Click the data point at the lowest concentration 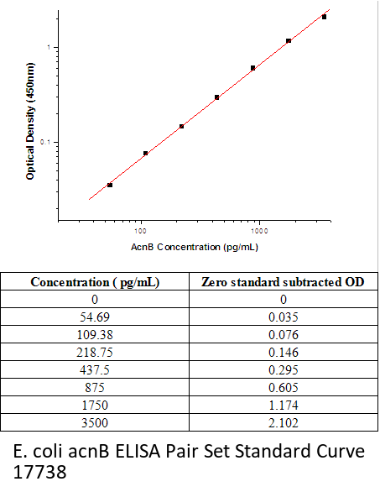tap(110, 185)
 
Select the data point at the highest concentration tap(324, 17)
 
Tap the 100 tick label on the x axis tap(140, 231)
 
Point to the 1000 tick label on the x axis tap(259, 231)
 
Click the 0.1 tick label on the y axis tap(45, 142)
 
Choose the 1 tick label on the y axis tap(49, 47)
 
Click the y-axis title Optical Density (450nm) tap(30, 121)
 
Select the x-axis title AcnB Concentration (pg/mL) tap(195, 247)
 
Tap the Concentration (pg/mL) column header tap(95, 282)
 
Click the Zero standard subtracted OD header tap(283, 282)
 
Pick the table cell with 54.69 tap(95, 317)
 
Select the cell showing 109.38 tap(95, 335)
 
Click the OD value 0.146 tap(284, 353)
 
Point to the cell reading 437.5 tap(95, 370)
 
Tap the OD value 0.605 tap(284, 388)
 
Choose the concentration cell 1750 tap(95, 405)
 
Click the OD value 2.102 tap(284, 422)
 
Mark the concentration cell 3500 tap(95, 422)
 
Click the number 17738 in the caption tap(39, 472)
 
